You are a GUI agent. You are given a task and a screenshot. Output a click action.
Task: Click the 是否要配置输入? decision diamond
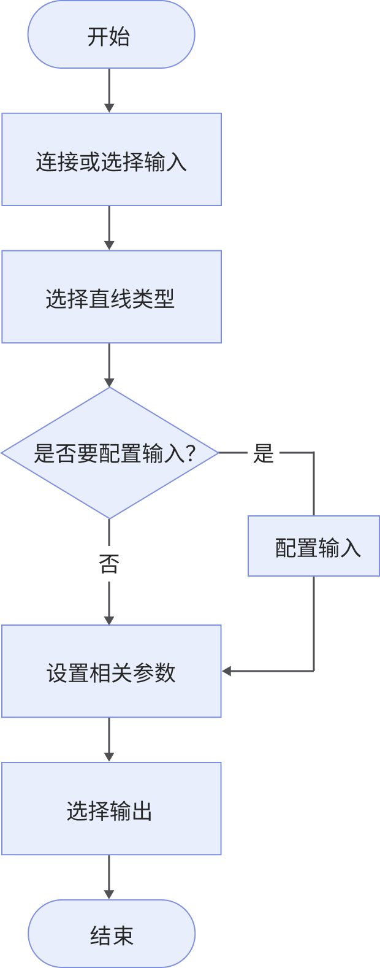click(x=110, y=453)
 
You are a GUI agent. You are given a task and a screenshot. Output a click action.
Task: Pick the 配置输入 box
click(x=314, y=546)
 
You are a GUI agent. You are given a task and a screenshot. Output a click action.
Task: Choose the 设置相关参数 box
click(x=111, y=672)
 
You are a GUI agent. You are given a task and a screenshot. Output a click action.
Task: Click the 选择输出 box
click(x=111, y=809)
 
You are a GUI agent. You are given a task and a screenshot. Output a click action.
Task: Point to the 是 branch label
click(x=263, y=454)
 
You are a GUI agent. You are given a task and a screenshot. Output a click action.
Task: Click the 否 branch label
click(x=108, y=563)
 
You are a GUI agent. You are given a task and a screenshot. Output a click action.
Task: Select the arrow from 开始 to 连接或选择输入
click(x=109, y=90)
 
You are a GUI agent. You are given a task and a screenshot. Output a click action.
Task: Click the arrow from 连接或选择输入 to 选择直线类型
click(x=109, y=228)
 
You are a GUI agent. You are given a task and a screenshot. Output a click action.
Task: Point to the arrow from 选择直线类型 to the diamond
click(x=109, y=365)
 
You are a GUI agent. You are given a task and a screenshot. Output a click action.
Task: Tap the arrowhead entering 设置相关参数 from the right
click(x=227, y=671)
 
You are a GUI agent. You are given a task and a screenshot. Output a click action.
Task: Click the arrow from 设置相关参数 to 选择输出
click(x=109, y=740)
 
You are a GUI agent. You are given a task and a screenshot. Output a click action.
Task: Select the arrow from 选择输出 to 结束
click(x=109, y=877)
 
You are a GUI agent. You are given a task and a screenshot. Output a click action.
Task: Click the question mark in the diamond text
click(x=189, y=454)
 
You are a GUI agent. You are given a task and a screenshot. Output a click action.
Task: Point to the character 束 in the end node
click(x=123, y=936)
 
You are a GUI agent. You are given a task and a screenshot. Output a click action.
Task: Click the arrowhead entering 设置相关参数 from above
click(x=109, y=620)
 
